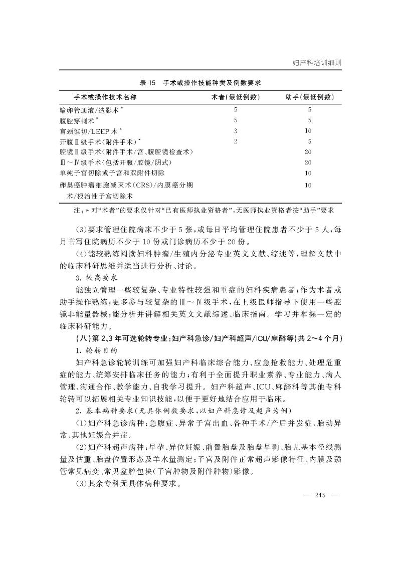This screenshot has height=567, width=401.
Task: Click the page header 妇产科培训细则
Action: tap(316, 63)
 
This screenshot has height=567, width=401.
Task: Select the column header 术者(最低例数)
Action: tap(235, 97)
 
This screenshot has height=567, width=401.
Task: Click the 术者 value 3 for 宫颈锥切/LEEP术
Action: tap(235, 131)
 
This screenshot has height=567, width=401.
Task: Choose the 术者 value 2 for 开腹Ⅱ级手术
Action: tap(235, 141)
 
